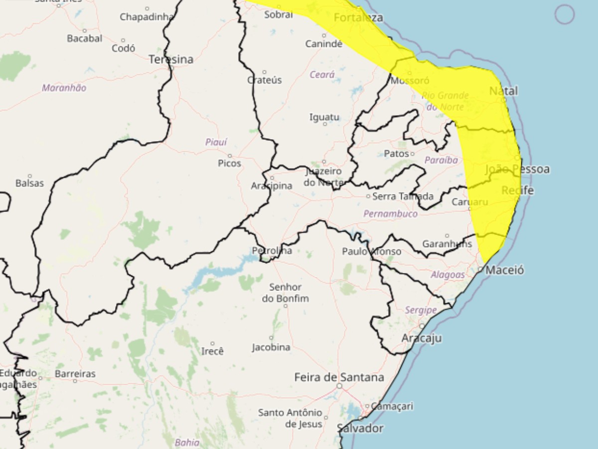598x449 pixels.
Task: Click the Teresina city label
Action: tap(171, 59)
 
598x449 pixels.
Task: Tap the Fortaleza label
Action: tap(358, 18)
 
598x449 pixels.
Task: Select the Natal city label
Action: tap(503, 91)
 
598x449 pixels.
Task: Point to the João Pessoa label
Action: tap(517, 169)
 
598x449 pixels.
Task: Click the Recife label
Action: tap(517, 191)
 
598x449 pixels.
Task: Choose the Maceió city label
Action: tap(505, 270)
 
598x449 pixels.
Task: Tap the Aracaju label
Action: tap(422, 338)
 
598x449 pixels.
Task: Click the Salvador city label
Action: tap(360, 428)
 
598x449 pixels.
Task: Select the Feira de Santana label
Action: tap(339, 377)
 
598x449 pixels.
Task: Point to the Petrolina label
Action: tap(272, 250)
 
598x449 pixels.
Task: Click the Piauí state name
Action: tap(216, 142)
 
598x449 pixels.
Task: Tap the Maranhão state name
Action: tap(64, 88)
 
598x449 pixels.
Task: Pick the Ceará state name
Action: tap(322, 75)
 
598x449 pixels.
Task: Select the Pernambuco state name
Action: tap(390, 214)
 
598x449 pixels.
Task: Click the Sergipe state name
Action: tap(421, 310)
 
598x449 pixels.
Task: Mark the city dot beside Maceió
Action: tap(480, 269)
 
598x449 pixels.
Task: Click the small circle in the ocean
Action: tap(565, 14)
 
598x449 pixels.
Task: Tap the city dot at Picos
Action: tap(230, 156)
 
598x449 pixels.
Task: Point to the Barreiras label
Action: tap(75, 373)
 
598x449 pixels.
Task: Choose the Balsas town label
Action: tap(29, 183)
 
